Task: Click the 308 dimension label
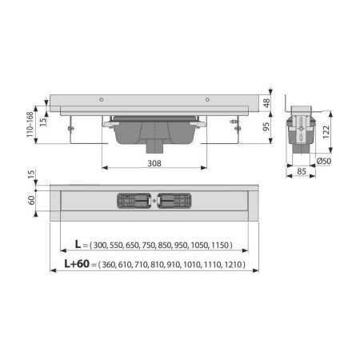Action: click(154, 163)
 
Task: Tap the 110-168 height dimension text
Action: click(30, 125)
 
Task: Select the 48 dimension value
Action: click(266, 103)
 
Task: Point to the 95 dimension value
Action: click(266, 126)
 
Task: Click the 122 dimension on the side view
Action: click(326, 132)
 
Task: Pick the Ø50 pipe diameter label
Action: click(324, 161)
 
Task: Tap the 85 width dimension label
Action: click(302, 171)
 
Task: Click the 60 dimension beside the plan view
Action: click(31, 200)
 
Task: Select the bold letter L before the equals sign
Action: click(78, 244)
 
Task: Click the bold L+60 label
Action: click(77, 264)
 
